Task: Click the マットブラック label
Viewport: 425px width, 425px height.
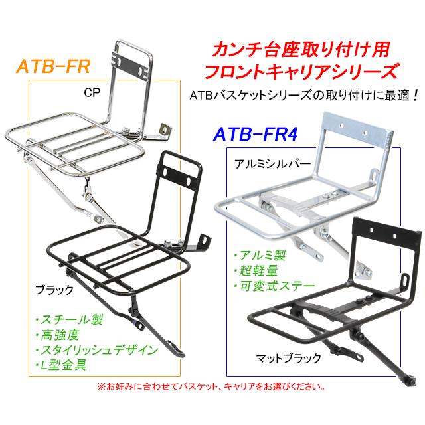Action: [x=288, y=357]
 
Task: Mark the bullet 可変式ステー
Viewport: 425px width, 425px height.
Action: [x=267, y=287]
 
